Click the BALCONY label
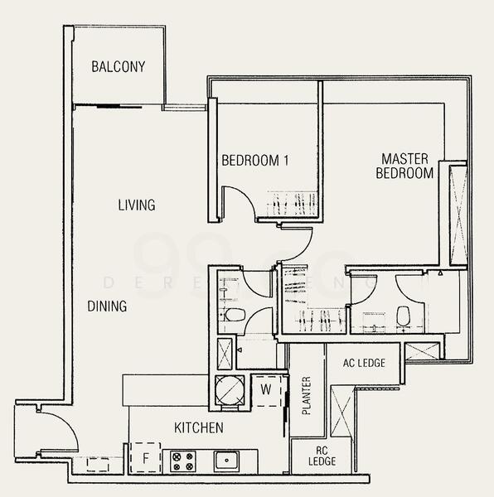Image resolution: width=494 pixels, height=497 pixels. [119, 66]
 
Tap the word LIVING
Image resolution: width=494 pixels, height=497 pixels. [136, 205]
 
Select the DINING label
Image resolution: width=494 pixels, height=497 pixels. [107, 306]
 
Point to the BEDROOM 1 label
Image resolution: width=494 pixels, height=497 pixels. [254, 161]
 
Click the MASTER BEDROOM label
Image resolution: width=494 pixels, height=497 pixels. [404, 166]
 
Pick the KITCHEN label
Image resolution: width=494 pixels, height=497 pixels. [198, 428]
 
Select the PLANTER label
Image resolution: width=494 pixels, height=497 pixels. [306, 396]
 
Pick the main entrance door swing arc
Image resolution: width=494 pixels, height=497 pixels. [58, 431]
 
